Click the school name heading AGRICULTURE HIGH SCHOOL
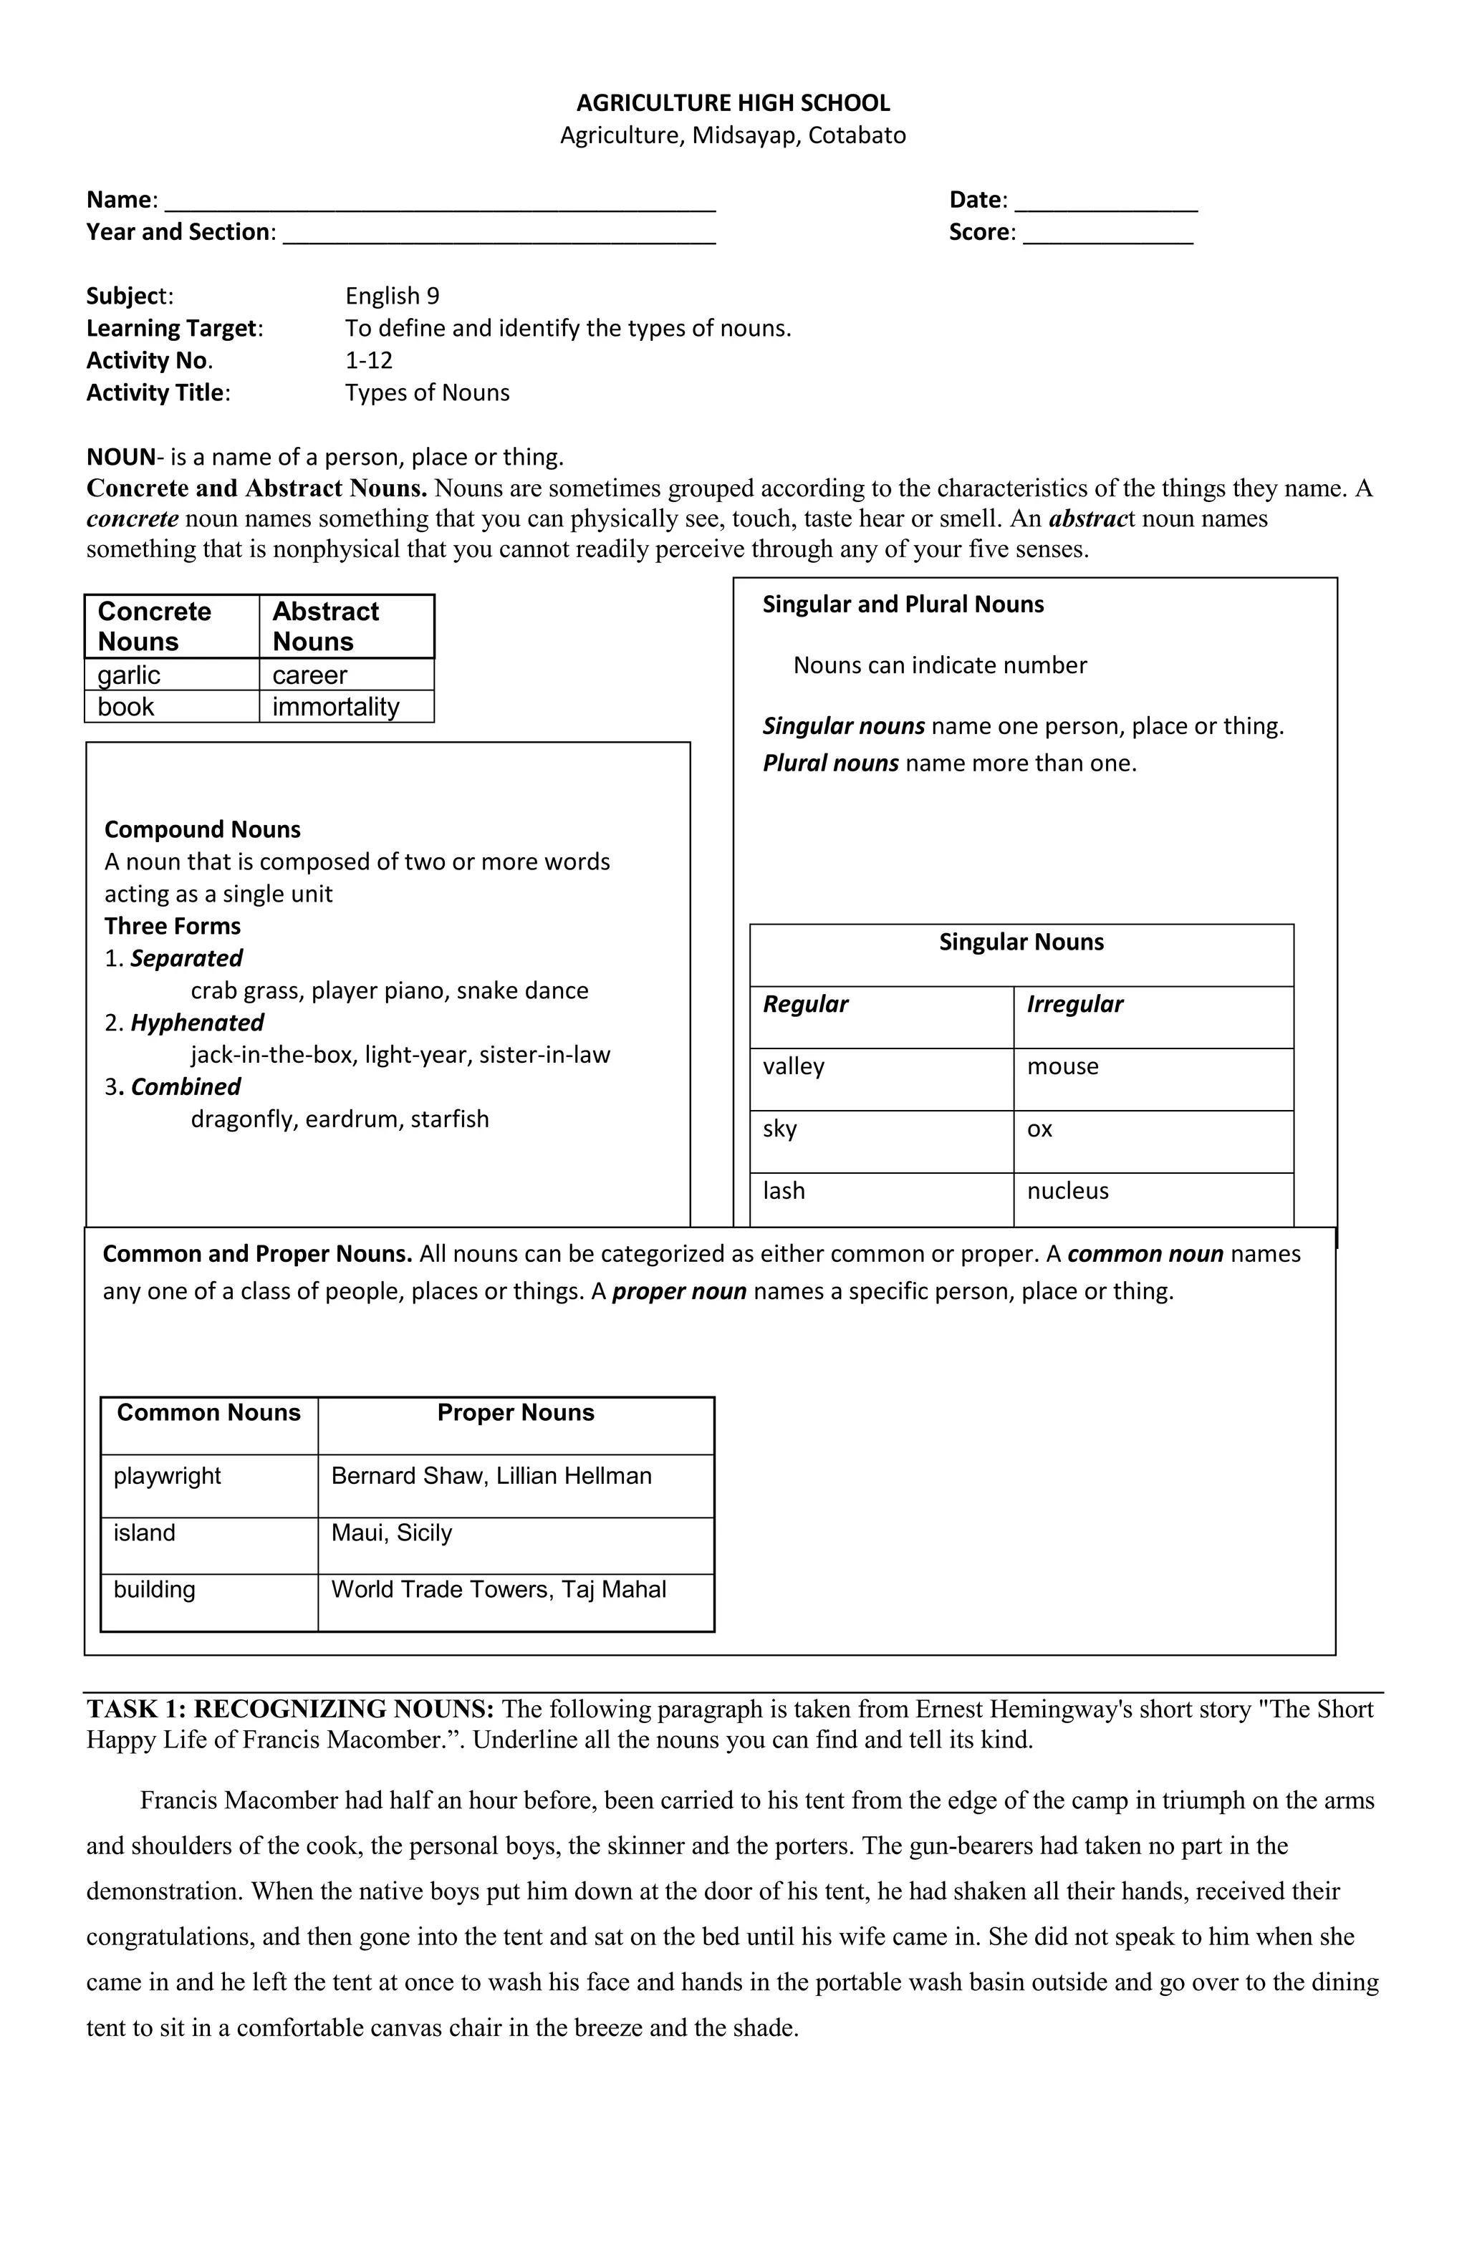pos(733,102)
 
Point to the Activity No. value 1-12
pos(369,360)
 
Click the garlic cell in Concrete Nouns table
pos(129,675)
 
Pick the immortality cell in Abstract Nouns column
pos(336,707)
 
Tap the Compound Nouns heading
pos(202,829)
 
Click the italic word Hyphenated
pos(197,1023)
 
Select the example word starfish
pos(450,1119)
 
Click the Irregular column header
pos(1074,1004)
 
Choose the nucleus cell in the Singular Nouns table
pos(1067,1190)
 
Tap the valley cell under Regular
pos(793,1066)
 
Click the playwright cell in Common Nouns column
pos(167,1476)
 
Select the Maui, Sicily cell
pos(391,1533)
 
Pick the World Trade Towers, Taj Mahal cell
pos(498,1589)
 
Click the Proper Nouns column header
pos(515,1413)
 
